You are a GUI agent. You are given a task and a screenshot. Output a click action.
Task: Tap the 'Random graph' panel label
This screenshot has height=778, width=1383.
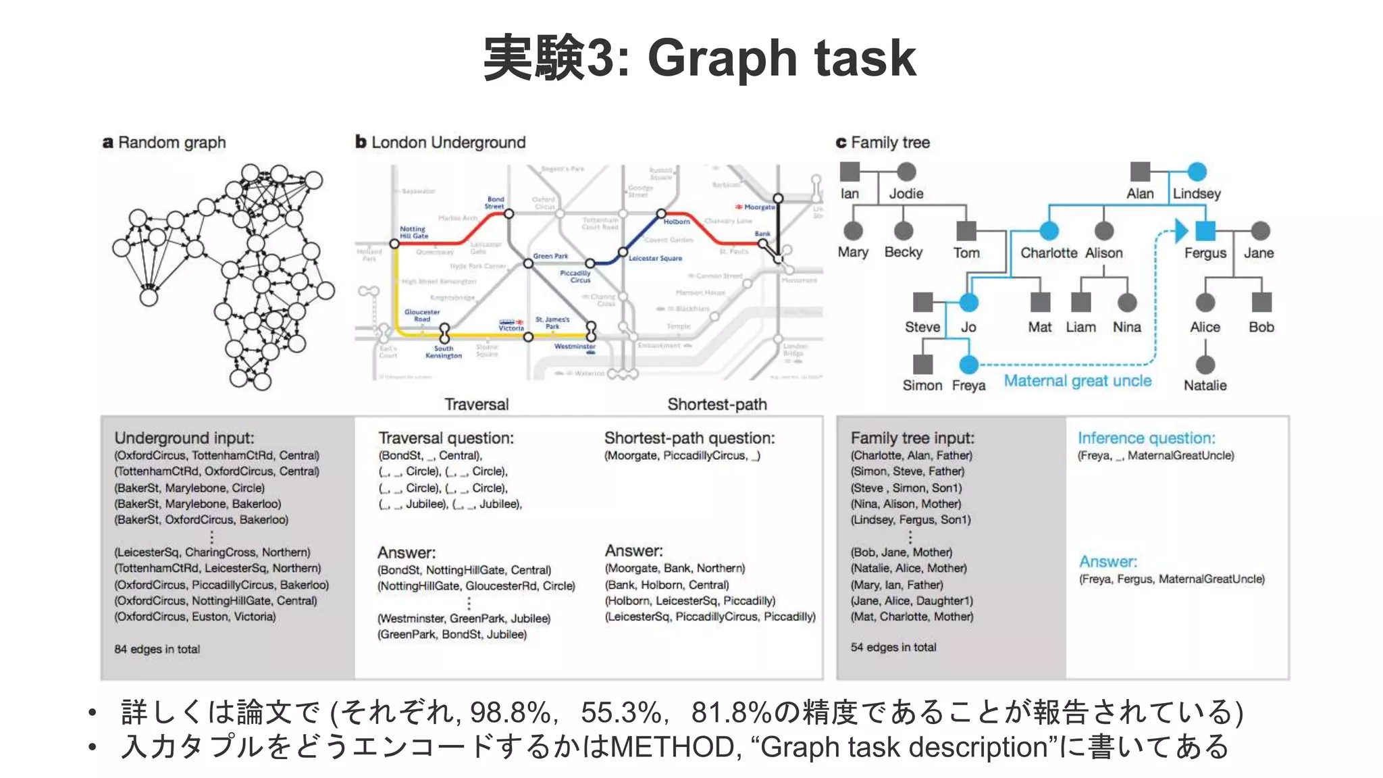tap(164, 142)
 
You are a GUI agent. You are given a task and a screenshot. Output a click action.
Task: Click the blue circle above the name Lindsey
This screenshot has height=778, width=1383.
tap(1197, 172)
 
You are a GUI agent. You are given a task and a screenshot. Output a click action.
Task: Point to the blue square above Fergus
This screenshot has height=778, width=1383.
tap(1205, 231)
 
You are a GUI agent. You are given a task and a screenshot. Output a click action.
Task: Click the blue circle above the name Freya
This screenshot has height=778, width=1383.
tap(968, 365)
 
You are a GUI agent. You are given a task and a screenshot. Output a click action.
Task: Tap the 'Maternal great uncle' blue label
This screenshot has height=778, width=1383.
tap(1077, 381)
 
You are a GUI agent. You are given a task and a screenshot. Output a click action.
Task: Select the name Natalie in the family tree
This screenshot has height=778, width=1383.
tap(1205, 386)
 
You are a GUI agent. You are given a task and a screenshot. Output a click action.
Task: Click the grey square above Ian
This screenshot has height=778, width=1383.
tap(850, 172)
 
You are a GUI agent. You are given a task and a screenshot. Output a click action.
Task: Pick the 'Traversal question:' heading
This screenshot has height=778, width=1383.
tap(446, 438)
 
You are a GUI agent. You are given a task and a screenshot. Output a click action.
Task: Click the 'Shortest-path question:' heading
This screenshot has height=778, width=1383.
tap(689, 438)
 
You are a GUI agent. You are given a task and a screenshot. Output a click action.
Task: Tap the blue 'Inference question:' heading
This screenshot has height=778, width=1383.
tap(1146, 438)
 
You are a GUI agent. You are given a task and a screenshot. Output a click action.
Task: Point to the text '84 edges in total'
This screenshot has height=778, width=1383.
tap(157, 649)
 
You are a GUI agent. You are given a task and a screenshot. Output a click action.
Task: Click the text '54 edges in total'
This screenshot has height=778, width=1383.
tap(893, 647)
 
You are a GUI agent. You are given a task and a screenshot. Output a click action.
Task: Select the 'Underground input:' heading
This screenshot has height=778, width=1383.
tap(184, 438)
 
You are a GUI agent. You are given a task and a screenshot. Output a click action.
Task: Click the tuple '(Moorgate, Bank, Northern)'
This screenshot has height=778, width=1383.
tap(675, 569)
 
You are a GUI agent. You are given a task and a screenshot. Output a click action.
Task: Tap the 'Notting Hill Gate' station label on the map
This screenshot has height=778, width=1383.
tap(413, 232)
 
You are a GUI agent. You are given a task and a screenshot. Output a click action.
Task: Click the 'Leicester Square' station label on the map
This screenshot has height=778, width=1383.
tap(655, 258)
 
